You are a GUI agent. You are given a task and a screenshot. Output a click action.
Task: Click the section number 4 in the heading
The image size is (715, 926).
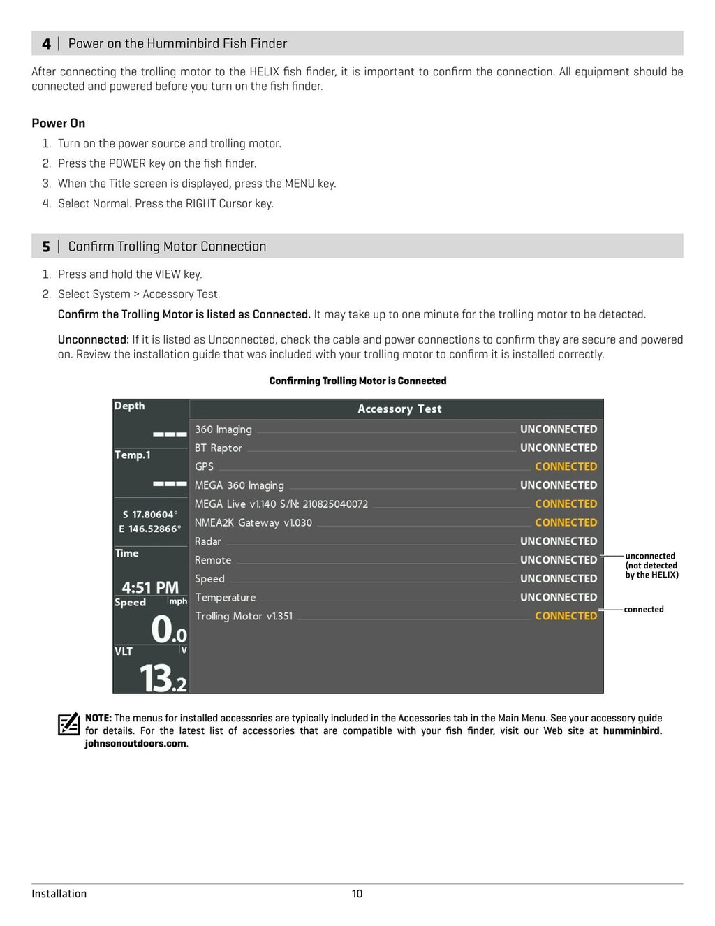click(46, 44)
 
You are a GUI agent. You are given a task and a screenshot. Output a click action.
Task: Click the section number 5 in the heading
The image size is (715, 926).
click(46, 247)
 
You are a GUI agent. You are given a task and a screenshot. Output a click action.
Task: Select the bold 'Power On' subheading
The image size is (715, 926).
click(59, 123)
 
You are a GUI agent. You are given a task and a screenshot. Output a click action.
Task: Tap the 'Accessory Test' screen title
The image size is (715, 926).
click(399, 409)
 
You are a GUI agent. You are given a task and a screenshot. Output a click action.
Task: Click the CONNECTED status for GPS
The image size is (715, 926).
click(566, 466)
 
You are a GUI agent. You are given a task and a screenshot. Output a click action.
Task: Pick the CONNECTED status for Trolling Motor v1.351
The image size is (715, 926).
click(566, 616)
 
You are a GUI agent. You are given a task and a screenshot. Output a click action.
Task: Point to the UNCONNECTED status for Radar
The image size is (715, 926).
click(559, 541)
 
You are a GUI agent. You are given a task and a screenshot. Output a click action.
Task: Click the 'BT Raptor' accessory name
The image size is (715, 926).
click(219, 448)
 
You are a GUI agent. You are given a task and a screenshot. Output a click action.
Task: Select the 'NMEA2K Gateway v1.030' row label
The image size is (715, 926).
click(253, 522)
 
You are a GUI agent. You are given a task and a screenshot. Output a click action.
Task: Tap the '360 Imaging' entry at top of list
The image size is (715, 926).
click(223, 429)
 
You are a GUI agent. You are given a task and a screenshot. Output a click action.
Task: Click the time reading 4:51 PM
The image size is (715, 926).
click(150, 587)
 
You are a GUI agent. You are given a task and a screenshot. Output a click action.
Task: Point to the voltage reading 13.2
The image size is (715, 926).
click(163, 678)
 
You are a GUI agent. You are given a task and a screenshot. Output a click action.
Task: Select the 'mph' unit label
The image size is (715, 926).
click(178, 601)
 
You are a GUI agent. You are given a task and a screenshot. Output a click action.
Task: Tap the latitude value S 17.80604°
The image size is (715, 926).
click(150, 515)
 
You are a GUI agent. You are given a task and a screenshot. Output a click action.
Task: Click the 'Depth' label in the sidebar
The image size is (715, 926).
click(130, 406)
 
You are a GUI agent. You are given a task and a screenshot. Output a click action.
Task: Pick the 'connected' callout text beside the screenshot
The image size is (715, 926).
click(644, 610)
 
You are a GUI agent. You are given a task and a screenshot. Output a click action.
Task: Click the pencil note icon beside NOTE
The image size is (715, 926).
click(68, 724)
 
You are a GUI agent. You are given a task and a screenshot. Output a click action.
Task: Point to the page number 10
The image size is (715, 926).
click(357, 894)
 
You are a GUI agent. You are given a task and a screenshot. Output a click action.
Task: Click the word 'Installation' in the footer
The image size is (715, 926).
click(59, 894)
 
